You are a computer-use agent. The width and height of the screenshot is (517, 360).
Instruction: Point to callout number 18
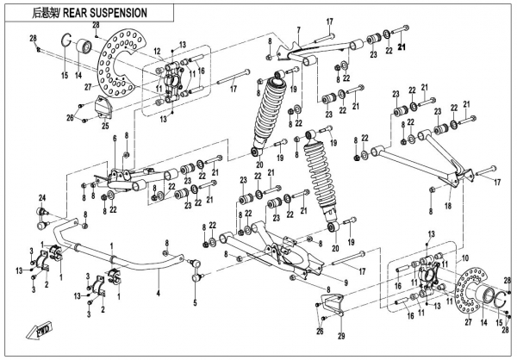(x=445, y=207)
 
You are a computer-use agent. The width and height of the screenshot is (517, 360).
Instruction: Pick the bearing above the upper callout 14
(x=86, y=47)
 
